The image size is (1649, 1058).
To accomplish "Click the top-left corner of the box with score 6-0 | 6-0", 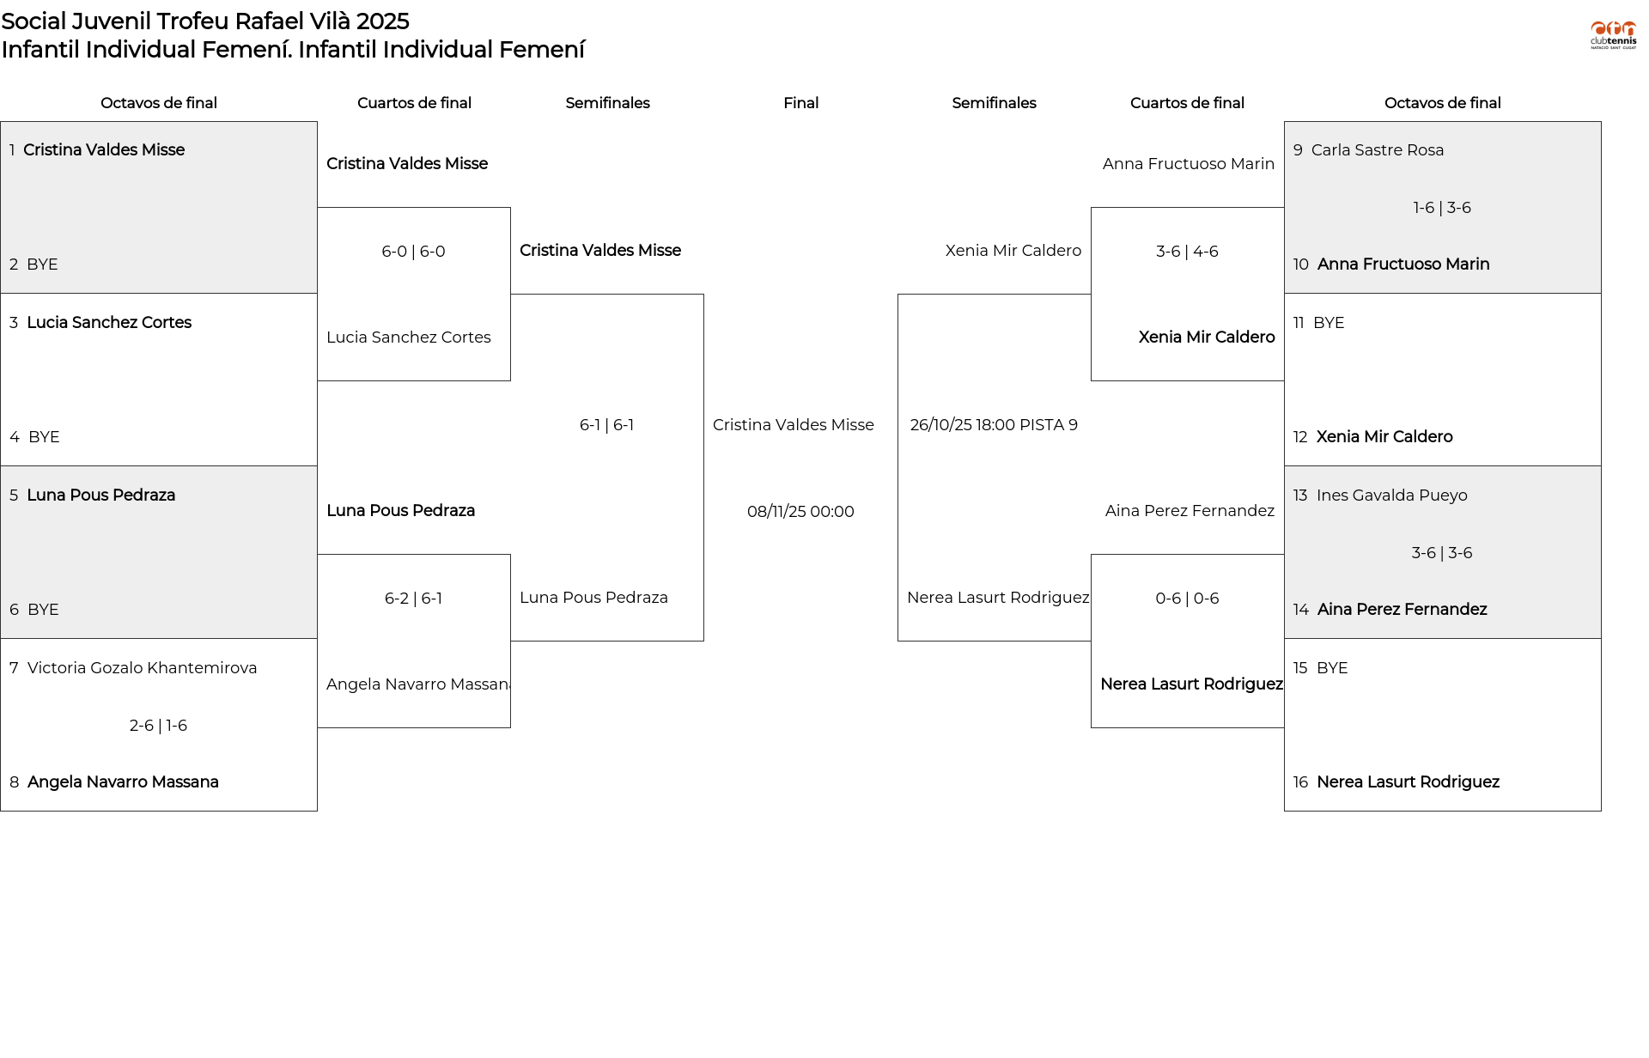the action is (x=318, y=208).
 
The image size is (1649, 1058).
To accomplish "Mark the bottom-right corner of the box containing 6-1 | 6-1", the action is (x=704, y=641).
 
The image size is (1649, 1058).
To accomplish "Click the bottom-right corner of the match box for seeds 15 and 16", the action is (x=1601, y=811).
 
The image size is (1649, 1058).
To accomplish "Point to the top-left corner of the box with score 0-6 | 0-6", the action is (x=1092, y=555).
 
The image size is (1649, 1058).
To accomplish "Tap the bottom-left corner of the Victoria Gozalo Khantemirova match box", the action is (x=1, y=811).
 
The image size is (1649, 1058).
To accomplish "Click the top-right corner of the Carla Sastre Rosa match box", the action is (x=1601, y=122).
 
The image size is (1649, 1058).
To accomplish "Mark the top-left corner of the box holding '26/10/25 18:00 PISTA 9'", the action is (x=898, y=295).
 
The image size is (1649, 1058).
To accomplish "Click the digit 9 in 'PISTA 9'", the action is (x=1073, y=425).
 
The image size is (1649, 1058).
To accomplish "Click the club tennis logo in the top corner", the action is (x=1613, y=35).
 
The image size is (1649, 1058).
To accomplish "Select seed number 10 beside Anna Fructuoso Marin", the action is (x=1300, y=264).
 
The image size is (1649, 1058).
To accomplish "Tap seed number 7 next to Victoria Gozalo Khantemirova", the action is (x=14, y=668).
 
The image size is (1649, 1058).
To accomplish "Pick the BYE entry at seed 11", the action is (x=1329, y=323).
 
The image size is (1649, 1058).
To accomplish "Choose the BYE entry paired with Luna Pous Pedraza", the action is (x=43, y=610).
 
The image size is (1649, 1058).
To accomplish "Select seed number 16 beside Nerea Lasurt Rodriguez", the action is (x=1300, y=782).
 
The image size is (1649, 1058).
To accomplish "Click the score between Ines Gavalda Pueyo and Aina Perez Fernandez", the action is (x=1442, y=553).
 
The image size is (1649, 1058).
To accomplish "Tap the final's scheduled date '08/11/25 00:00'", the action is (x=800, y=512).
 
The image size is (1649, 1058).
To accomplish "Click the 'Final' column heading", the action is (x=800, y=103).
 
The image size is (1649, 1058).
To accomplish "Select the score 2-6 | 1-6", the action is (x=158, y=726).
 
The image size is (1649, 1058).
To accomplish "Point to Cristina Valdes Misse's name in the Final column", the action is (x=793, y=425).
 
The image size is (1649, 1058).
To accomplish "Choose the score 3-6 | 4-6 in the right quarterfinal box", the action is (x=1187, y=252).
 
